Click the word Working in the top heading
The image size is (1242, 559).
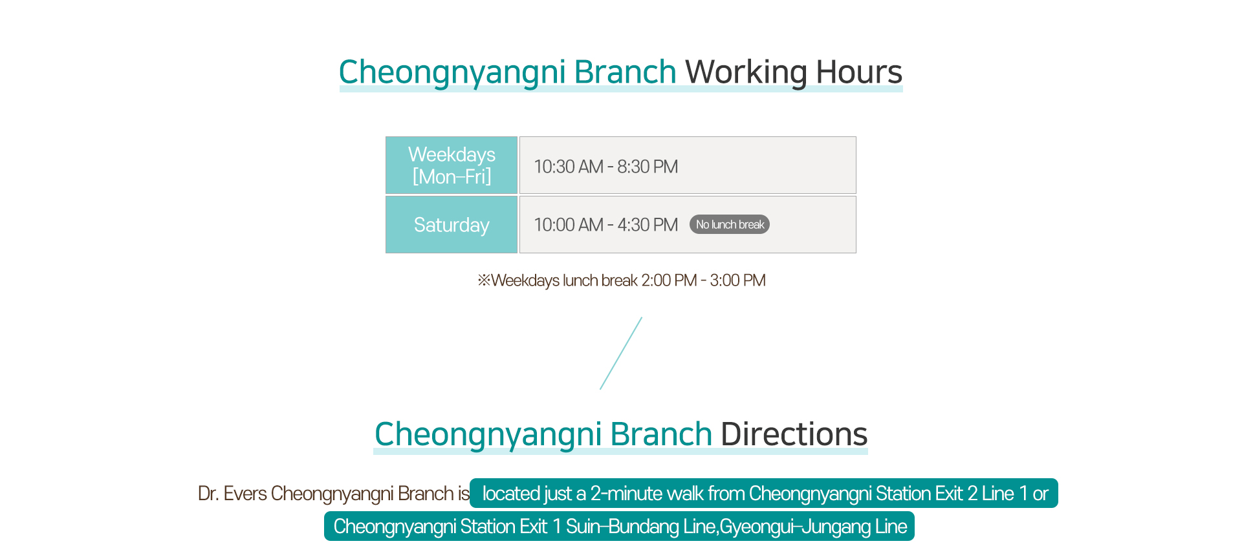tap(746, 72)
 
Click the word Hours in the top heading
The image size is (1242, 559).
tap(859, 72)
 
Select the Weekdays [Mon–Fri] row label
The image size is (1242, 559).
tap(452, 165)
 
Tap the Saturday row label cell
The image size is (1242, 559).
tap(452, 225)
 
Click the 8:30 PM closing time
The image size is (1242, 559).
tap(648, 167)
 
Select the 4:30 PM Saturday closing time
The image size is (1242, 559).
tap(648, 225)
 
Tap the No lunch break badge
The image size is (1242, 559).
tap(730, 224)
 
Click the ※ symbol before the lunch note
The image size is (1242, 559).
tap(484, 280)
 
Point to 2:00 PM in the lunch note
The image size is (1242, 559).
tap(669, 280)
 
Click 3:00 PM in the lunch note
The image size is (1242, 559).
tap(737, 280)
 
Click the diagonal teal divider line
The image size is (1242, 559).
tap(621, 353)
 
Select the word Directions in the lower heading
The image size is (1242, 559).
tap(794, 434)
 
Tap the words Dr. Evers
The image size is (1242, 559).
tap(232, 494)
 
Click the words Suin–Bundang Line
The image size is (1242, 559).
tap(640, 527)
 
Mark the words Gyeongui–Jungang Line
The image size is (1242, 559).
tap(814, 527)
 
